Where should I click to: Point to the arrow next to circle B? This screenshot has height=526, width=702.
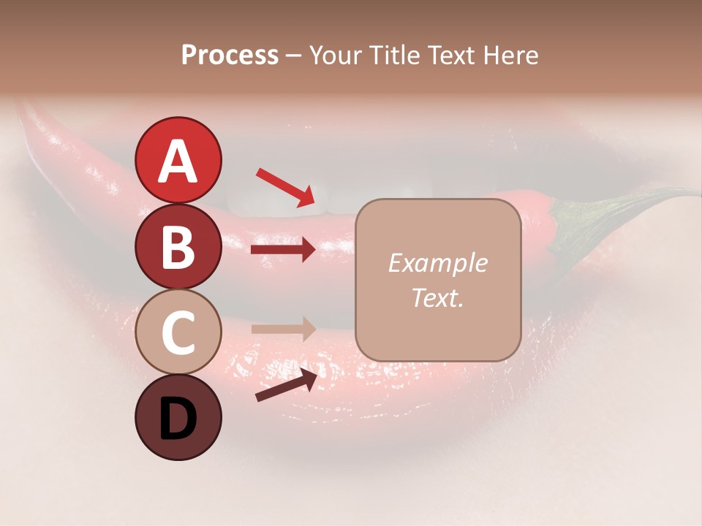282,250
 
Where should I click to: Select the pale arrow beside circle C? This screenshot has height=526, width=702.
282,329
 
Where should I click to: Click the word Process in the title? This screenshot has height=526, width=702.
230,55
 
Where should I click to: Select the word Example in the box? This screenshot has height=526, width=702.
437,263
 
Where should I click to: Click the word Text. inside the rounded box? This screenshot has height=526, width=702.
437,297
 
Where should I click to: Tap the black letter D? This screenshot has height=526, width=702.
178,419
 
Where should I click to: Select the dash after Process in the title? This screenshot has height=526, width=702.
292,56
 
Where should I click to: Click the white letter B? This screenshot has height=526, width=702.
178,246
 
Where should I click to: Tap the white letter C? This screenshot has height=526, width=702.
178,333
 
